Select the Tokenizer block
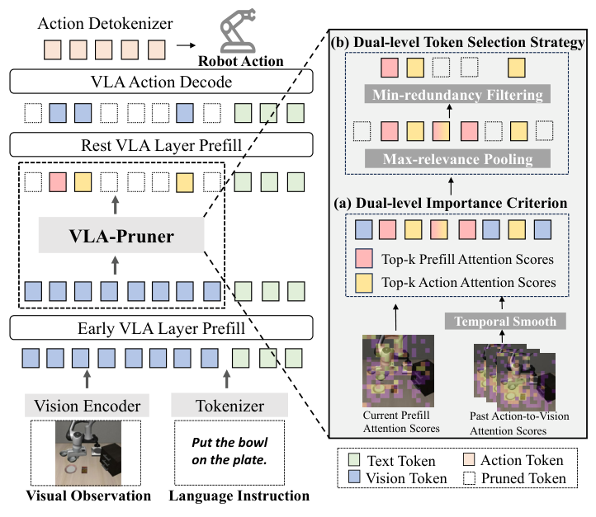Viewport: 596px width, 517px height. [229, 406]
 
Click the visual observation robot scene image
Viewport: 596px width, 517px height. [88, 453]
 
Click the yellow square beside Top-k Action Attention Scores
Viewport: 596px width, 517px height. [362, 283]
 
